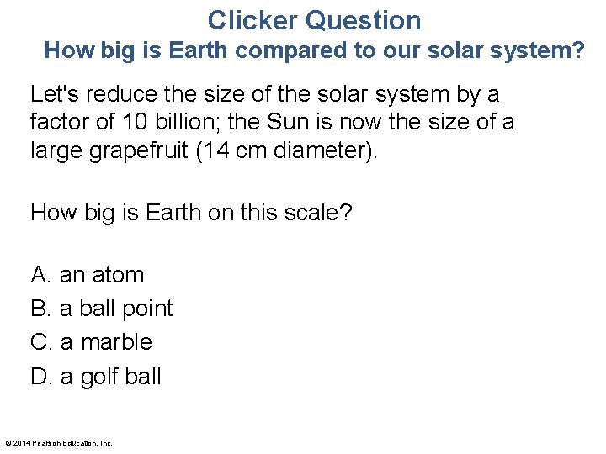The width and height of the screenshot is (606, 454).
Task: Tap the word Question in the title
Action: click(364, 20)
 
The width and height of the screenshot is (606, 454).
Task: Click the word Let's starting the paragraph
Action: click(53, 93)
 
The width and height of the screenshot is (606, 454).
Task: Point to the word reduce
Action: click(116, 93)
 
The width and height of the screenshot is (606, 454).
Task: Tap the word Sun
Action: click(288, 123)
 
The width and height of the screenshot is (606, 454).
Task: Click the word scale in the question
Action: click(308, 212)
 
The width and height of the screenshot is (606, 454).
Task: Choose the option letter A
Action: click(40, 275)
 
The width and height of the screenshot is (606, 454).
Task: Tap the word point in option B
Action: click(147, 309)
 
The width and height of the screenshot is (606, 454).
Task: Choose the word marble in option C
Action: click(117, 342)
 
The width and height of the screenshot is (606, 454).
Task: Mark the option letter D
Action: click(40, 376)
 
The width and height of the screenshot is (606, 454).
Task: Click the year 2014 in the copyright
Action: click(22, 443)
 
